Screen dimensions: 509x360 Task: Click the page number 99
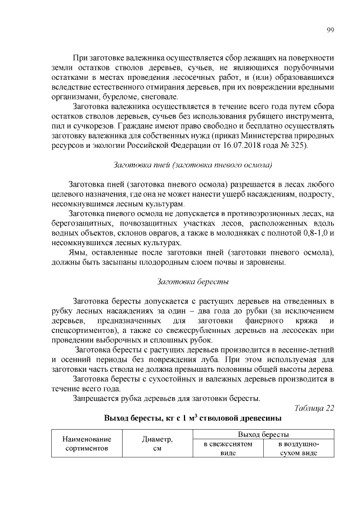coord(330,30)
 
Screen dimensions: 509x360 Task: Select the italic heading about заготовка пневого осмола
coord(193,165)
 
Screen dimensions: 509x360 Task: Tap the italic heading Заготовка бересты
coord(193,281)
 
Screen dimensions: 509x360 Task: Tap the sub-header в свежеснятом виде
coord(228,448)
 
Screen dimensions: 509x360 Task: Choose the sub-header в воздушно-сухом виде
coord(299,448)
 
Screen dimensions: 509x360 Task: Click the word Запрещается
coord(97,399)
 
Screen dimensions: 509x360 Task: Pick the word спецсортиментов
coord(83,331)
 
